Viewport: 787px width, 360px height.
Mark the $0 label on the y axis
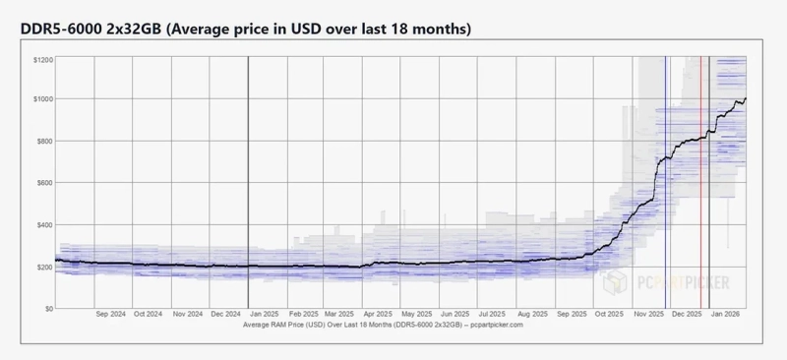click(46, 308)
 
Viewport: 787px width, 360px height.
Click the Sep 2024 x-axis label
click(111, 315)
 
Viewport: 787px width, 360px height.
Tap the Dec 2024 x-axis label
click(227, 315)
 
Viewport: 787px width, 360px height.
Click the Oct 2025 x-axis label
click(610, 315)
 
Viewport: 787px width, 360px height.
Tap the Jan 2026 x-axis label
click(726, 315)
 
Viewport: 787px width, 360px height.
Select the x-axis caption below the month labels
click(383, 325)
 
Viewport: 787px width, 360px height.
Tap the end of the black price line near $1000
click(745, 98)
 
